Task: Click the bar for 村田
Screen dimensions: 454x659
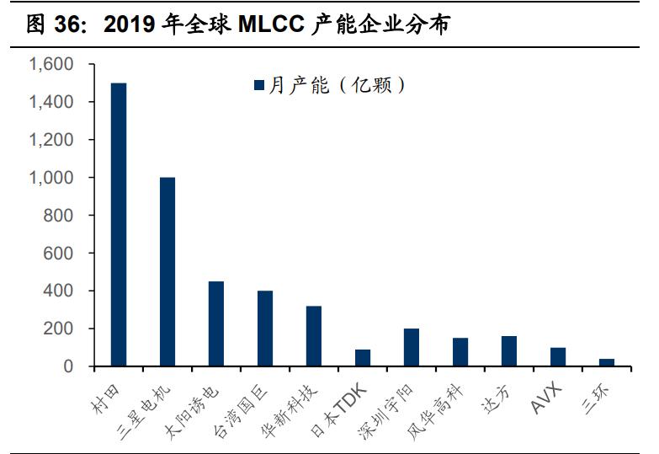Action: tap(119, 225)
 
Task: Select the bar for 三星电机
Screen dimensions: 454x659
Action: tap(167, 272)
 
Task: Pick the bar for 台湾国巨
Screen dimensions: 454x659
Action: tap(265, 328)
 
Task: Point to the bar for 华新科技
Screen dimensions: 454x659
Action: tap(314, 336)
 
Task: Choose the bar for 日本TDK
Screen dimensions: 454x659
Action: tap(363, 357)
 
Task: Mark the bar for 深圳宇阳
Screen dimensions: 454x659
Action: tap(412, 347)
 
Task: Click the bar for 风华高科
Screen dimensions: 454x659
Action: tap(460, 352)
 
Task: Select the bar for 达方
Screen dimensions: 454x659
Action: tap(509, 351)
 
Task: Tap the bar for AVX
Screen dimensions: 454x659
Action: tap(558, 356)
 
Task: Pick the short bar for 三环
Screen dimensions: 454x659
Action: tap(607, 362)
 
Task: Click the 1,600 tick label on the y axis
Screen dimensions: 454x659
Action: tap(51, 65)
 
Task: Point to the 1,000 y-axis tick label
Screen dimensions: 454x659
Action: tap(51, 178)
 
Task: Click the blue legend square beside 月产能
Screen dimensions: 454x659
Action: tap(260, 84)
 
